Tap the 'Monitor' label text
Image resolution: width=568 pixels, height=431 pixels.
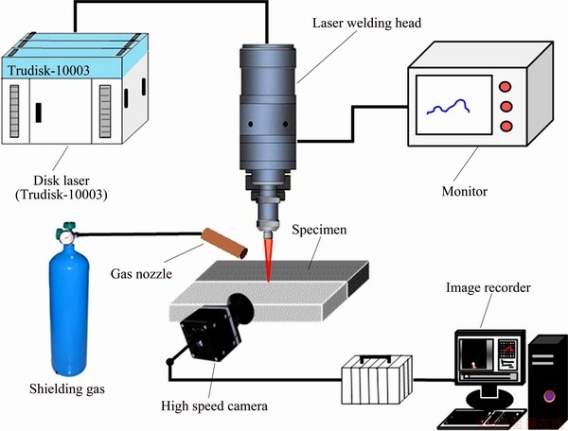point(464,191)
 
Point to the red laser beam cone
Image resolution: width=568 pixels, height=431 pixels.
point(268,260)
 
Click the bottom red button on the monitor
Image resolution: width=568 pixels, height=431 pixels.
point(506,125)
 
